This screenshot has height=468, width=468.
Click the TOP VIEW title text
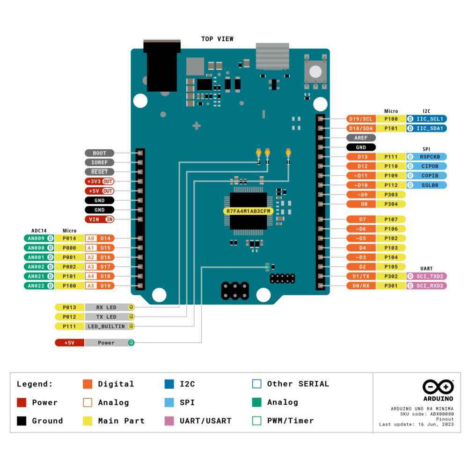(x=217, y=39)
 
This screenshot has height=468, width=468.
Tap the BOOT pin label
(x=99, y=153)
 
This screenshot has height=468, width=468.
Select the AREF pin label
(x=361, y=138)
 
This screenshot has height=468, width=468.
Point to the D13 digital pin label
(x=361, y=157)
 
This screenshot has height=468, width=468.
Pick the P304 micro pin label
(x=391, y=205)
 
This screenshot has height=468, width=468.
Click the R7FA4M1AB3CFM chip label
(x=249, y=211)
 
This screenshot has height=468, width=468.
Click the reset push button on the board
(x=315, y=72)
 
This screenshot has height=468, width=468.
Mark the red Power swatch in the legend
(x=22, y=402)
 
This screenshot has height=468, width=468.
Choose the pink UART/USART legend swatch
(x=168, y=421)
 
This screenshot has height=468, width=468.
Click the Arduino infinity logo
(x=438, y=387)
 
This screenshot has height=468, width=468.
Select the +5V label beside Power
(x=69, y=343)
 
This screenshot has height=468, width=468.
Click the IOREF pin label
(x=99, y=162)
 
